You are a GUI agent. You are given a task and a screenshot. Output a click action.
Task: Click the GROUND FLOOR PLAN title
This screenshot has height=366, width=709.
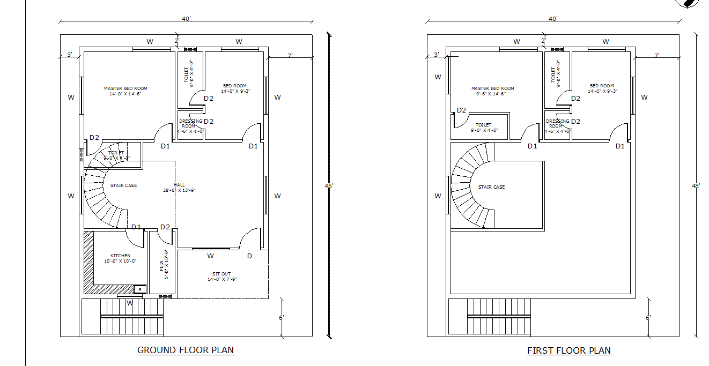pyautogui.click(x=186, y=350)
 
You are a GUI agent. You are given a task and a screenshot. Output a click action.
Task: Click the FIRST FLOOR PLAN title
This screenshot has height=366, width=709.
pyautogui.click(x=568, y=350)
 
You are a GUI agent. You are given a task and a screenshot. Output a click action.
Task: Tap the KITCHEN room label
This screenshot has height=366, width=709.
pyautogui.click(x=120, y=256)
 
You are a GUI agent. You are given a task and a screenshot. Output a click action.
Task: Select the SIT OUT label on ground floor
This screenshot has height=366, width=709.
pyautogui.click(x=221, y=274)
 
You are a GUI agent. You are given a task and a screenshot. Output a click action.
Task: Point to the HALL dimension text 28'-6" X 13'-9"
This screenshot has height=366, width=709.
pyautogui.click(x=179, y=190)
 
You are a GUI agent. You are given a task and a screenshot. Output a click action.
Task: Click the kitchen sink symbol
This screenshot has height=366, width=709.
pyautogui.click(x=140, y=289)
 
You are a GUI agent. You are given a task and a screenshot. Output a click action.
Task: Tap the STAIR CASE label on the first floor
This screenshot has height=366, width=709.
pyautogui.click(x=491, y=187)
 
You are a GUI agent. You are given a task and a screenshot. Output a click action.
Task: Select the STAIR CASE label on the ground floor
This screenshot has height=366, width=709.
pyautogui.click(x=123, y=185)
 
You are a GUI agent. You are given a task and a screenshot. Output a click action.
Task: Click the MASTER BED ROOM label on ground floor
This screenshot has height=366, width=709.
pyautogui.click(x=125, y=88)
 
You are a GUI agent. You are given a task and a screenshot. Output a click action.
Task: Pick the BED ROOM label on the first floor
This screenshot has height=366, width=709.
pyautogui.click(x=602, y=86)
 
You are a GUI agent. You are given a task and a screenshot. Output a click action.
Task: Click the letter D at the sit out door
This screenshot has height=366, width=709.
pyautogui.click(x=249, y=256)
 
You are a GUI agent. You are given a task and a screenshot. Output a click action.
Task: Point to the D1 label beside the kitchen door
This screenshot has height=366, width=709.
pyautogui.click(x=136, y=227)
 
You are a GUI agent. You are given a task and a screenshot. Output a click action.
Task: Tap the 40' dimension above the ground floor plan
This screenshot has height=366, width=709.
pyautogui.click(x=186, y=19)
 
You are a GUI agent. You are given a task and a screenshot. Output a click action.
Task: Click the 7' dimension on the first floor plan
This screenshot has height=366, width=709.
pyautogui.click(x=656, y=55)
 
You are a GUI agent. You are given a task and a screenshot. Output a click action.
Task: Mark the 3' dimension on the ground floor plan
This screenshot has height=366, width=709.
pyautogui.click(x=69, y=55)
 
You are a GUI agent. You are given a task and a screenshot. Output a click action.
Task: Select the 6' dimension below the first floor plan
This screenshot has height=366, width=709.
pyautogui.click(x=648, y=318)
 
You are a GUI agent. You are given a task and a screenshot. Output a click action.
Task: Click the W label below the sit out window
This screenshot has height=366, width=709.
pyautogui.click(x=210, y=256)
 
